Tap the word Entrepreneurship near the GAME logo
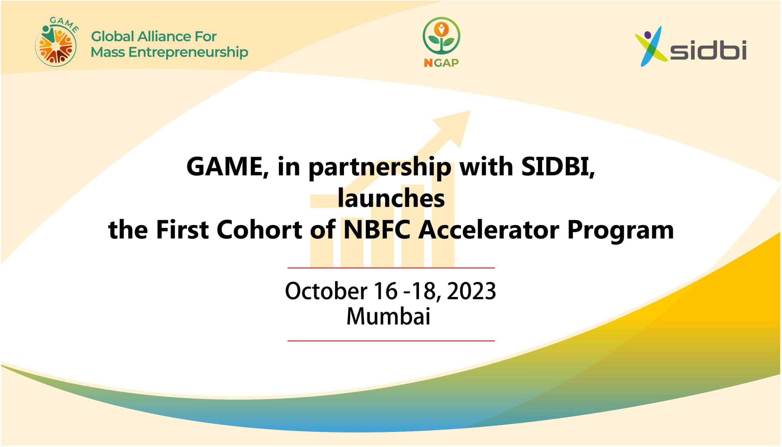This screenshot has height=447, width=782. click(x=188, y=52)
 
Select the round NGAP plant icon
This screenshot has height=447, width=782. click(x=441, y=36)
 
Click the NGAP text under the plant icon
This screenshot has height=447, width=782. click(x=441, y=63)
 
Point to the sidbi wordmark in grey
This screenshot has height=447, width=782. click(x=708, y=50)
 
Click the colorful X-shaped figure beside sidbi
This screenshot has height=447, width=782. click(x=651, y=46)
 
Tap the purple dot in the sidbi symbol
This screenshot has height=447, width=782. click(x=648, y=35)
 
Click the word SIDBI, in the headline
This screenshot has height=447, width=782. click(x=558, y=167)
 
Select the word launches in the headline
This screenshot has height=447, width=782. click(x=391, y=199)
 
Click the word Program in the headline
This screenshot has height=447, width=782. click(x=620, y=231)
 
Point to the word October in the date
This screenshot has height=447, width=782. click(x=326, y=291)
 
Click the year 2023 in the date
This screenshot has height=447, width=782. click(x=471, y=291)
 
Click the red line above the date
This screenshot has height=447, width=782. click(x=391, y=268)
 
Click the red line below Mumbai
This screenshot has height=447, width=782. click(x=391, y=341)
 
